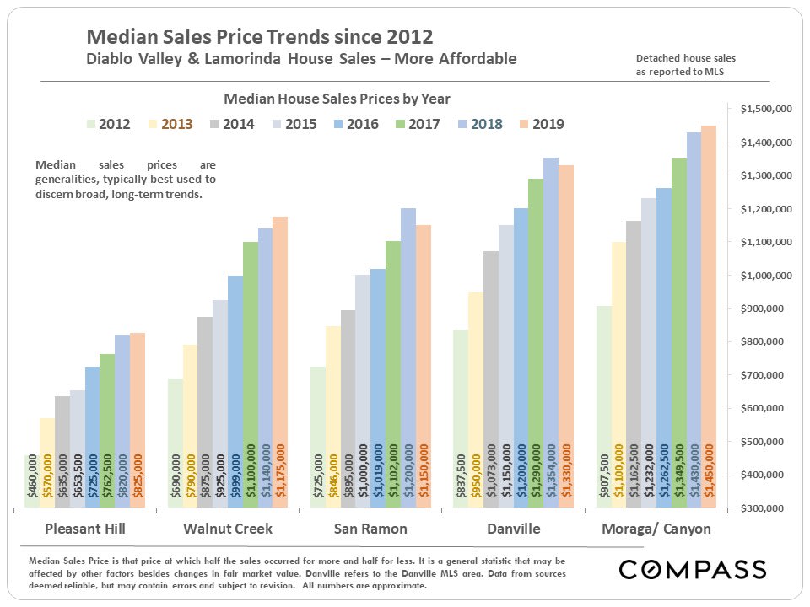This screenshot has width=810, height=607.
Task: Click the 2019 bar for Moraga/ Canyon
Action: tap(709, 316)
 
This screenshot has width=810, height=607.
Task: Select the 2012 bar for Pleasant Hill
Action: tap(32, 481)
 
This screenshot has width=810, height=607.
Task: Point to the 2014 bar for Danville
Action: tap(490, 379)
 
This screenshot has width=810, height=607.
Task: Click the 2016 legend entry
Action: tap(354, 124)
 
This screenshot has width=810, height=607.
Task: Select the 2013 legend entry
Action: tap(168, 124)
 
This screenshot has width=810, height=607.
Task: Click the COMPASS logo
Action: tap(693, 570)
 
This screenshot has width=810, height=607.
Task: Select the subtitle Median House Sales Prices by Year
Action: tap(337, 98)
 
